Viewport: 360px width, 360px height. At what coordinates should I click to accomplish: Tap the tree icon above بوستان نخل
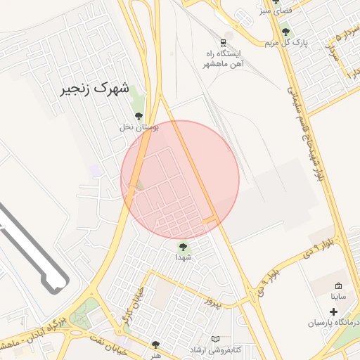pos(138,116)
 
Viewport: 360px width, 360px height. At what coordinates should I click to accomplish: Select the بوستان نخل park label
pos(139,127)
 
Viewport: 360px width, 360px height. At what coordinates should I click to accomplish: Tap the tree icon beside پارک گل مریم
pos(285,32)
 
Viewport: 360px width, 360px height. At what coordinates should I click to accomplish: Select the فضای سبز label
pos(275,12)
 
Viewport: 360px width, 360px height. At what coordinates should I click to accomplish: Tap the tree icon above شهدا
pos(183,247)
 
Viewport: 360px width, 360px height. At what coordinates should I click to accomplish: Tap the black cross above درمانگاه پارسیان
pos(333,311)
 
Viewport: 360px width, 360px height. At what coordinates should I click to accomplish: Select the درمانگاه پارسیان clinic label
pos(333,323)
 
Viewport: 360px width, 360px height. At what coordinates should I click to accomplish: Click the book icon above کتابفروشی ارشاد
pos(215,338)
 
